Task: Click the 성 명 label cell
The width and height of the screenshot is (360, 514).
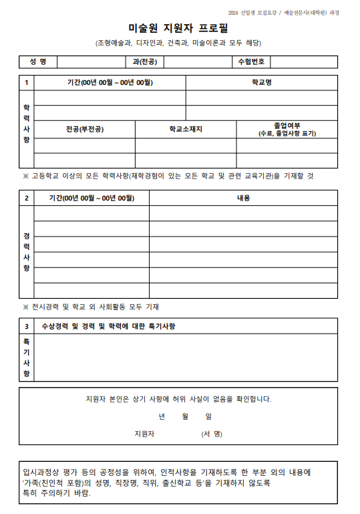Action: (38, 62)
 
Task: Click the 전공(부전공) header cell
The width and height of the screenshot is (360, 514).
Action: (85, 129)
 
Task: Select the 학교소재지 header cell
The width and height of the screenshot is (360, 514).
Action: (186, 129)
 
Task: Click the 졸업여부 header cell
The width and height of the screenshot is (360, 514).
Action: (287, 129)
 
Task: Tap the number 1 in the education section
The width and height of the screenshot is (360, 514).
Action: (27, 83)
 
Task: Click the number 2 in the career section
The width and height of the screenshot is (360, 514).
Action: (27, 198)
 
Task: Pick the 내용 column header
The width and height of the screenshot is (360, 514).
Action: (243, 198)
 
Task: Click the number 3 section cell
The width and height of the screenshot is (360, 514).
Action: (27, 326)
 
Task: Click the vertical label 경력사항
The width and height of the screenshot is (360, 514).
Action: (27, 252)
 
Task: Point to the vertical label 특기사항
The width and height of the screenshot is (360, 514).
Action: (27, 357)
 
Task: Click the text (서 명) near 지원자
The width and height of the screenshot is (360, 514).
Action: (212, 434)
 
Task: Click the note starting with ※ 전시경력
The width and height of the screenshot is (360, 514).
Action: (90, 307)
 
